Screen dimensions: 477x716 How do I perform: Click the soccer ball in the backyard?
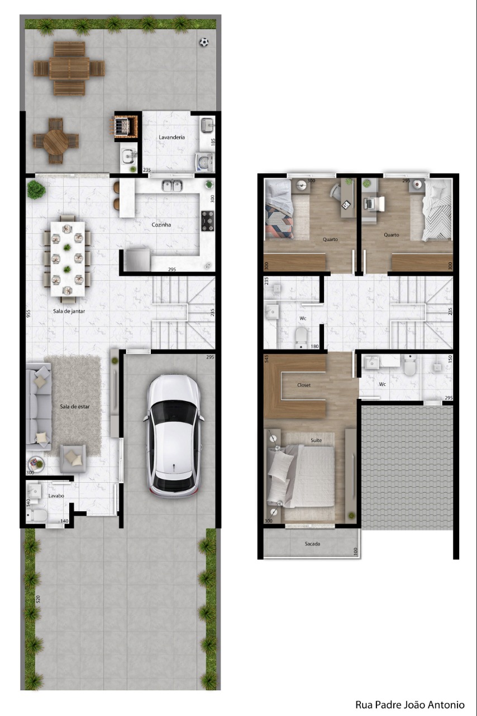pos(204,42)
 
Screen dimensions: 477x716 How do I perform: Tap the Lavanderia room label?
pos(172,137)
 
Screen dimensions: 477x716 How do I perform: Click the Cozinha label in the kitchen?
pos(161,225)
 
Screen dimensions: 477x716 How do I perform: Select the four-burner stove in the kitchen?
pos(208,220)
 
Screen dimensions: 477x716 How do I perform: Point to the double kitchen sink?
pos(172,186)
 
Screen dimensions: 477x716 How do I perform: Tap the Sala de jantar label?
pos(69,311)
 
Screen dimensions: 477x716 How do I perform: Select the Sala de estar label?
pos(75,407)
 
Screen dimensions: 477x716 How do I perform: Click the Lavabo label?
pos(56,496)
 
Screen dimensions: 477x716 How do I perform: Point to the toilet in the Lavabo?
pos(37,515)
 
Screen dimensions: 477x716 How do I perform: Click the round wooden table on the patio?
pos(55,141)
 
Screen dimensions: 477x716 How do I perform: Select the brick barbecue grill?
pos(127,126)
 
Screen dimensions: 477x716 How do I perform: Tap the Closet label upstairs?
pos(304,385)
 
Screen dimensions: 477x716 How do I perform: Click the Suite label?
pos(316,440)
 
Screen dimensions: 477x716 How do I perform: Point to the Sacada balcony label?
pos(312,544)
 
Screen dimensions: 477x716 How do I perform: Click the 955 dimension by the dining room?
pos(28,314)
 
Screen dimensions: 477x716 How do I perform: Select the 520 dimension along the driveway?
pos(38,599)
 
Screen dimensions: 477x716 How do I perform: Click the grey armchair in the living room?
pos(73,459)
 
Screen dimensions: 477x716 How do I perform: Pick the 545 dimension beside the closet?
pos(266,359)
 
